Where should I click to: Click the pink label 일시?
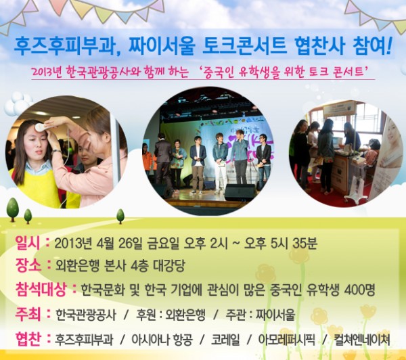(28, 243)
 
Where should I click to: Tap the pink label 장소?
(28, 266)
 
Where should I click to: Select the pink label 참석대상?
(41, 290)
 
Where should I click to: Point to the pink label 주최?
(28, 315)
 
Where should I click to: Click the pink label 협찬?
(28, 339)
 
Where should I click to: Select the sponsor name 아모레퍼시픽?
(286, 340)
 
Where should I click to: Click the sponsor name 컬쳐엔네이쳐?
(361, 340)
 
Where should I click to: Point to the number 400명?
(359, 290)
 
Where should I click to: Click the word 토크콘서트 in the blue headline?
(244, 46)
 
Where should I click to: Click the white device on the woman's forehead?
(41, 127)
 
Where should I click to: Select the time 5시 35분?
(294, 244)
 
